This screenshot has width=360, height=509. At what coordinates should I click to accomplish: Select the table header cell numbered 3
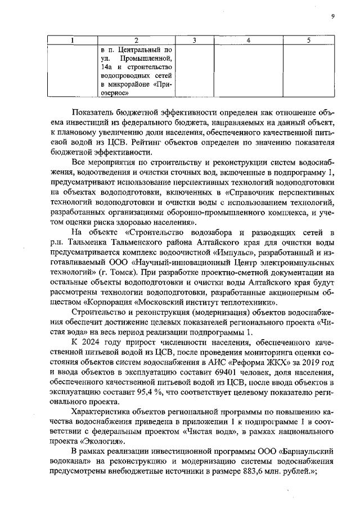[194, 40]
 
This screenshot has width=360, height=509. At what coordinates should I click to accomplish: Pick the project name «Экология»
[88, 442]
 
